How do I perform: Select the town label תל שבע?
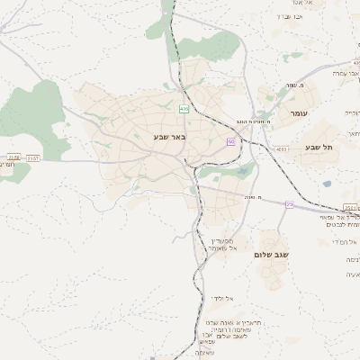pos(317,147)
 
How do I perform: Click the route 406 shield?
pos(184,109)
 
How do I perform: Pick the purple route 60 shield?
pos(230,142)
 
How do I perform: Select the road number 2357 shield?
pos(33,158)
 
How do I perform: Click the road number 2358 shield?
pos(13,157)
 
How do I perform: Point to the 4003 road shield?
pos(282,149)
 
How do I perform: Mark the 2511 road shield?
pos(326,208)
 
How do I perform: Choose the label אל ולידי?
pos(222,298)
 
